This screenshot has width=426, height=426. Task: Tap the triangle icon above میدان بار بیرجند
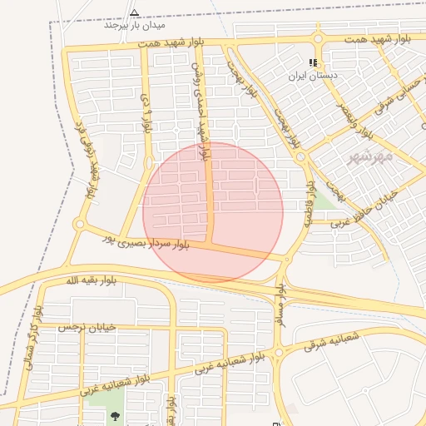[135, 12]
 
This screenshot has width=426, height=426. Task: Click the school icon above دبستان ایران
[313, 62]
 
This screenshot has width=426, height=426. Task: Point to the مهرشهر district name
[366, 156]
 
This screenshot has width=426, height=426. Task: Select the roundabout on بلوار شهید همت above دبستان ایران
[317, 39]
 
